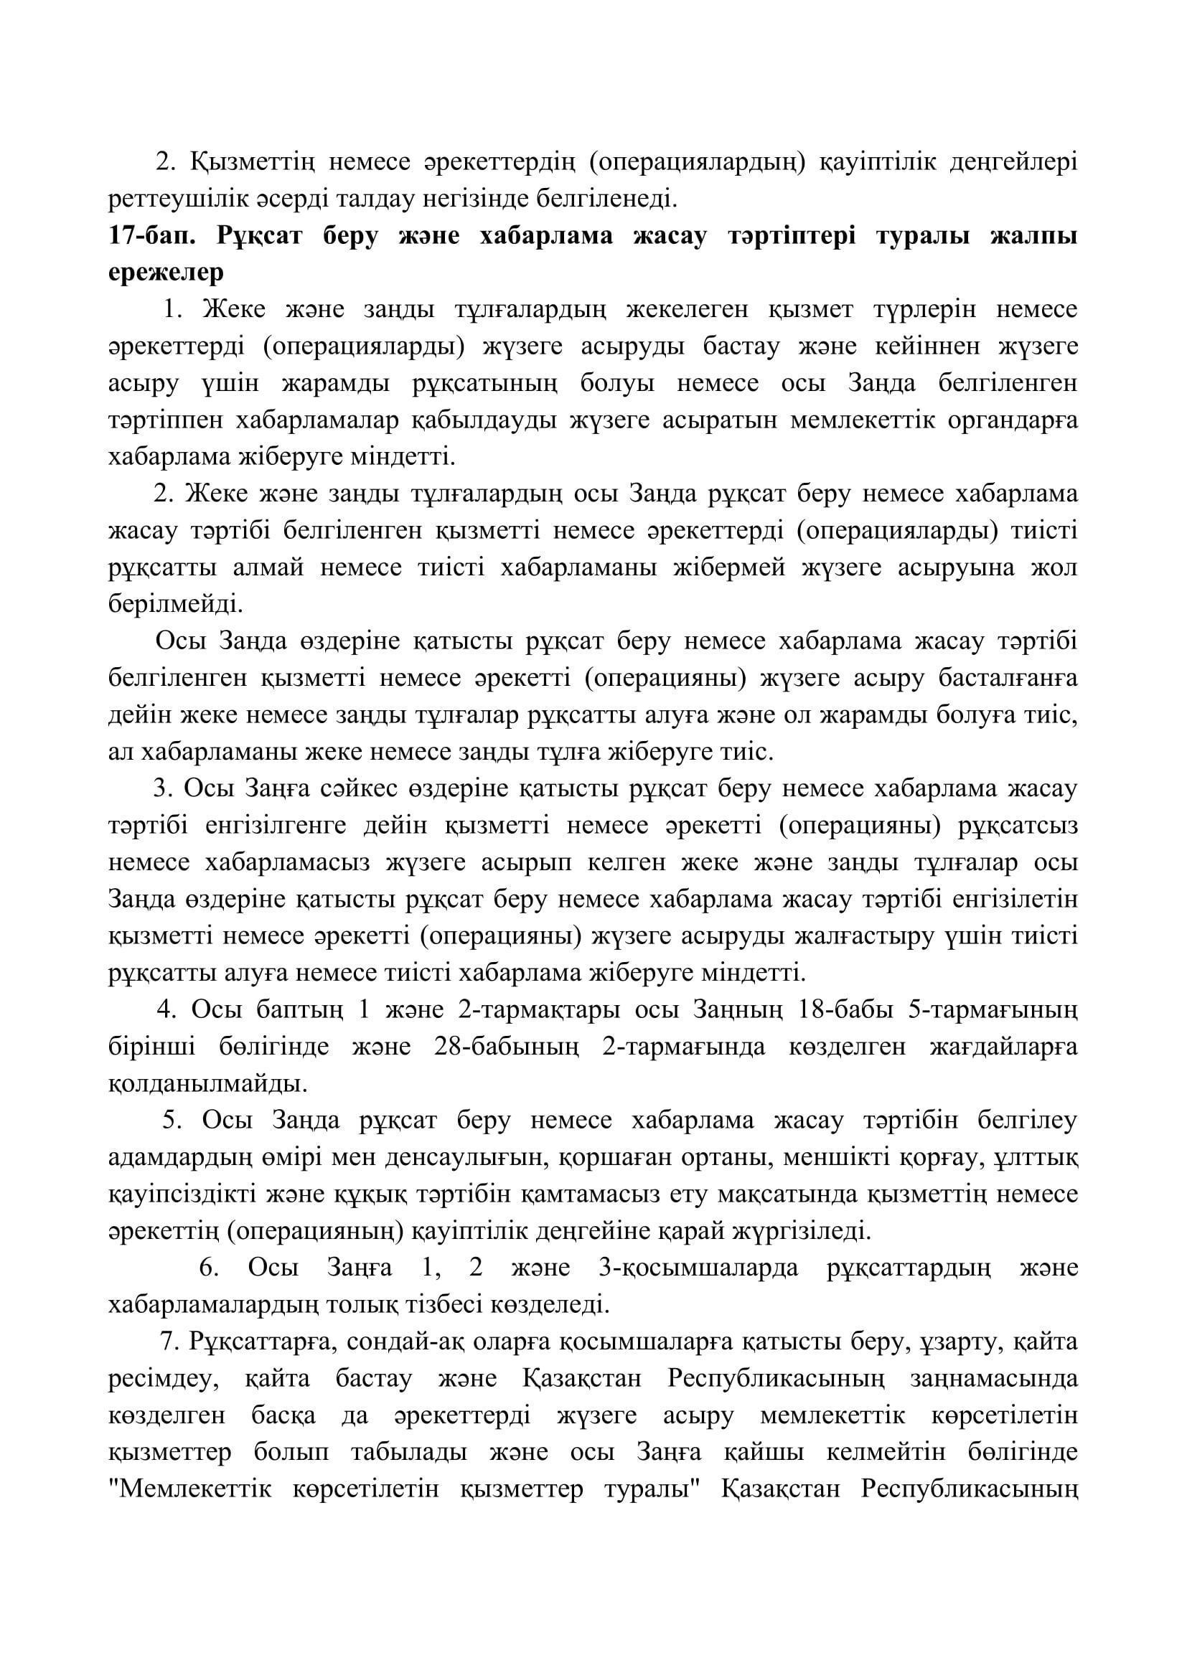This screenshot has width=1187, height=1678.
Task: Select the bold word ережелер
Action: pyautogui.click(x=166, y=274)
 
